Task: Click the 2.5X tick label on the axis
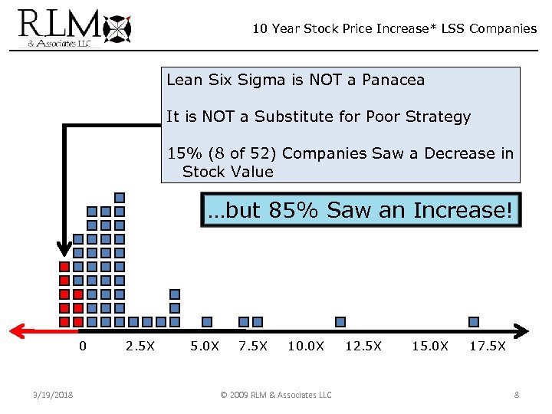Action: pos(140,346)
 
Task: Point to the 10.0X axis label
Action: pos(306,346)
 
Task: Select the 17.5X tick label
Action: pos(488,346)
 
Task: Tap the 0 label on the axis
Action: pos(82,346)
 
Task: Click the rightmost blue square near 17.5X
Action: pos(474,322)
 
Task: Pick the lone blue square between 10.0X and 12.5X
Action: pos(340,322)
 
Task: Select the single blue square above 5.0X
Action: pos(206,322)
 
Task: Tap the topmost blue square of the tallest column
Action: pos(119,198)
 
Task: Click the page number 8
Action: pos(517,395)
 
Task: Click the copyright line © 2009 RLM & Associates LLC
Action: pos(276,395)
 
